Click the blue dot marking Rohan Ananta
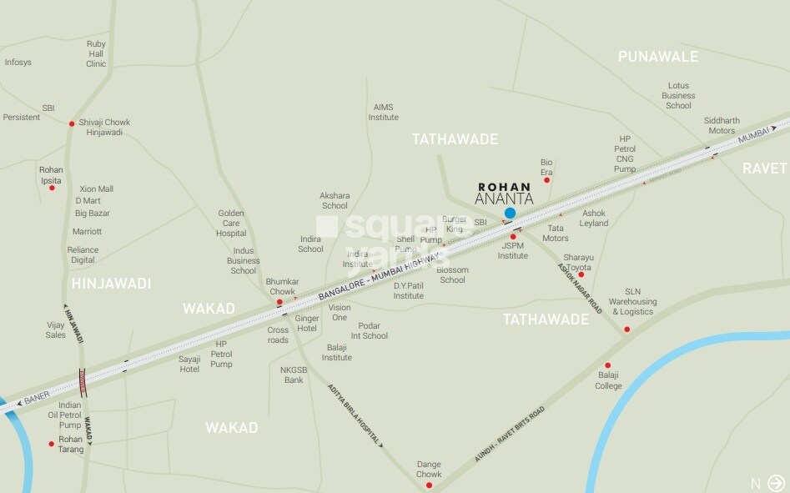(x=510, y=214)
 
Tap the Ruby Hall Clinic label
(x=96, y=53)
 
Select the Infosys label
(x=18, y=63)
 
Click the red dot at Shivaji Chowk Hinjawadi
(x=72, y=123)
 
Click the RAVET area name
(x=765, y=169)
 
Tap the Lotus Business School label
(x=678, y=96)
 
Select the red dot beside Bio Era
(x=547, y=179)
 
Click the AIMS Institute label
(x=384, y=113)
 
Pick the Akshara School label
(x=335, y=201)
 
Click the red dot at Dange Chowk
(x=429, y=485)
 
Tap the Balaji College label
(x=608, y=380)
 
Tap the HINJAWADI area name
(x=112, y=284)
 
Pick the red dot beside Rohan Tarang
(x=52, y=444)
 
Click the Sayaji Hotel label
(x=189, y=364)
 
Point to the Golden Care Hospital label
(x=231, y=224)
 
